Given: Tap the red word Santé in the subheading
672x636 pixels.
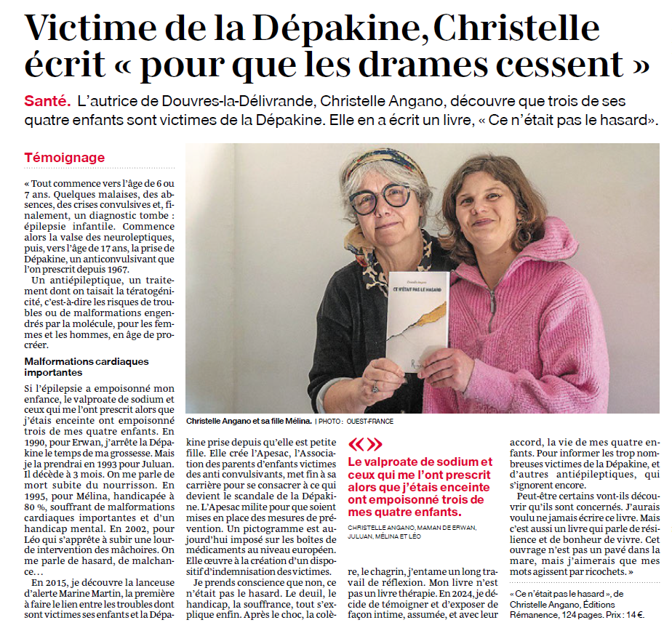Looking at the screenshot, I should [x=47, y=101].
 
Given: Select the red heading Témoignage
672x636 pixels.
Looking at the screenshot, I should [x=64, y=158].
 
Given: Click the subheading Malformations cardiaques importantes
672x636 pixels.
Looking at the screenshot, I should [x=86, y=366].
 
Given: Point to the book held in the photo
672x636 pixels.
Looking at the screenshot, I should [x=417, y=320].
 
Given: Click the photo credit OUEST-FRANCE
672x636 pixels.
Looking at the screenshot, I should [x=372, y=421].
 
